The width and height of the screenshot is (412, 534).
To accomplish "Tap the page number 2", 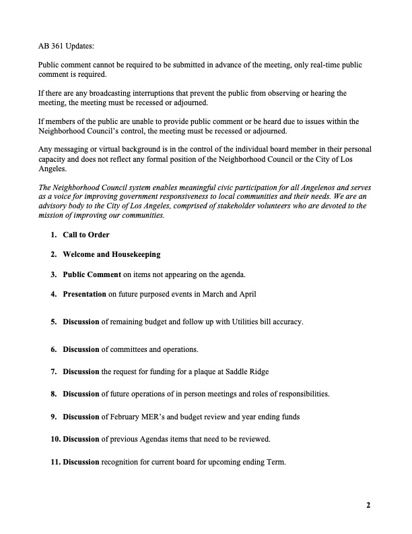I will [368, 505].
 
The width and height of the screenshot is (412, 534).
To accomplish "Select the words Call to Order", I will [85, 235].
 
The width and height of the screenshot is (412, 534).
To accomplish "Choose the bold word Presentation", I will [84, 294].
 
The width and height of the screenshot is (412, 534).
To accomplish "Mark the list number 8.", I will [53, 394].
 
